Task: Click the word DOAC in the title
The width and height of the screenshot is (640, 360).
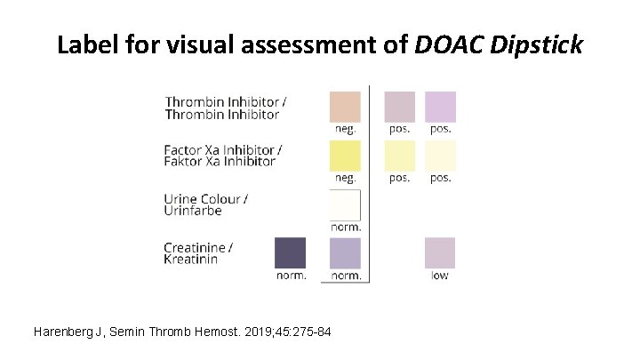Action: click(444, 44)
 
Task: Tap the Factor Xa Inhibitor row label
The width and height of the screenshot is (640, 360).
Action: click(223, 156)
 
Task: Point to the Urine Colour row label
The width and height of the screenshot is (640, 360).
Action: click(206, 204)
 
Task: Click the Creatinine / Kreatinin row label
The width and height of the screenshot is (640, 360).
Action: click(198, 252)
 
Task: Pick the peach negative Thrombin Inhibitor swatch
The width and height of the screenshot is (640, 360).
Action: click(345, 106)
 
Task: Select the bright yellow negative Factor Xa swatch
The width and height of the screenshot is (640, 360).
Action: click(345, 156)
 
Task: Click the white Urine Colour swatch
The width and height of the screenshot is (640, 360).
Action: click(345, 205)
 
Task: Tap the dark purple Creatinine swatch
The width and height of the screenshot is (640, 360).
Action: click(291, 252)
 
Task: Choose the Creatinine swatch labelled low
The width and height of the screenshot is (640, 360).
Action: click(440, 252)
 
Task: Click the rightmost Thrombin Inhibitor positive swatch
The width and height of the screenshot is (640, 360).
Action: click(440, 106)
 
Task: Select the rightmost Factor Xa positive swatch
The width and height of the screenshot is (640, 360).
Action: click(440, 156)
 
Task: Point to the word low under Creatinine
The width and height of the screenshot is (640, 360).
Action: click(440, 276)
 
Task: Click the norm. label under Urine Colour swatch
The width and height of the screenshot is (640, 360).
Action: click(346, 227)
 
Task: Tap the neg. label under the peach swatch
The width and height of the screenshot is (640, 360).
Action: click(345, 128)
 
